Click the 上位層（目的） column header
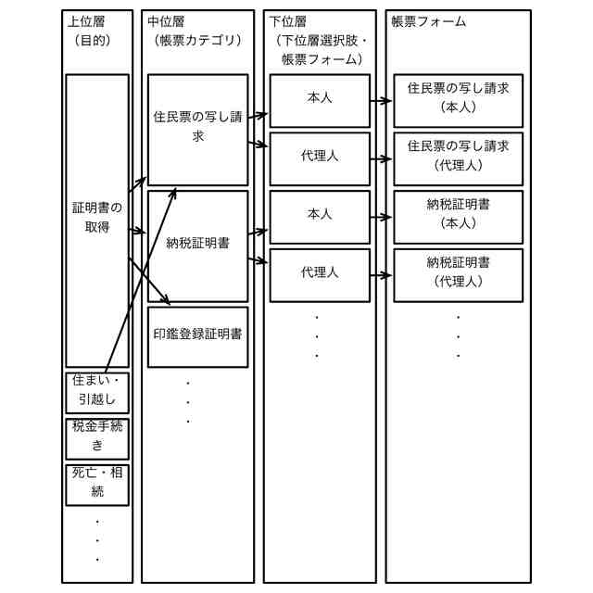91,30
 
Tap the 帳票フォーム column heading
429,20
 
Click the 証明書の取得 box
97,219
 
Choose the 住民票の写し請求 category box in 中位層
197,128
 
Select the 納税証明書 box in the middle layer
197,245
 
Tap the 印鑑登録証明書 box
197,334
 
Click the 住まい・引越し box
97,391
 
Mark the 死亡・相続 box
97,482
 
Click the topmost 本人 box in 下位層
320,98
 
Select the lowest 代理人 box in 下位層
320,273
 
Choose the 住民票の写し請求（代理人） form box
458,157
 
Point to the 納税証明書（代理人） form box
458,273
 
